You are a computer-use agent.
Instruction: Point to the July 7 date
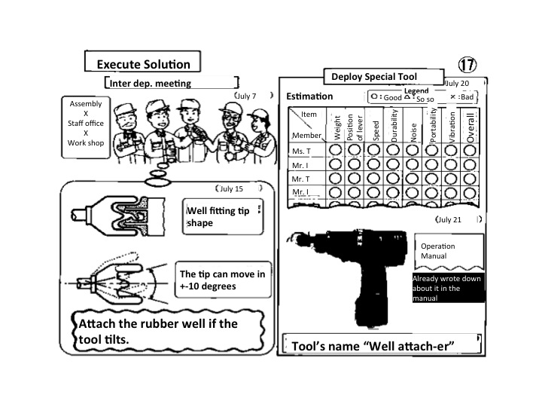pos(245,96)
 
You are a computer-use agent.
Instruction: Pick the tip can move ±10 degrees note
pos(223,280)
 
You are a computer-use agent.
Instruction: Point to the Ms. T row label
pos(303,151)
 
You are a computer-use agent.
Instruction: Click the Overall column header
pos(471,125)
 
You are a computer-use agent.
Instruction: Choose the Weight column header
pos(337,127)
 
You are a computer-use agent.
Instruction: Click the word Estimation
pos(309,96)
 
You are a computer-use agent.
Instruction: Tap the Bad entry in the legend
pos(464,97)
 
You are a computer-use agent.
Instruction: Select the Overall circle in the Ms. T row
pos(470,151)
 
